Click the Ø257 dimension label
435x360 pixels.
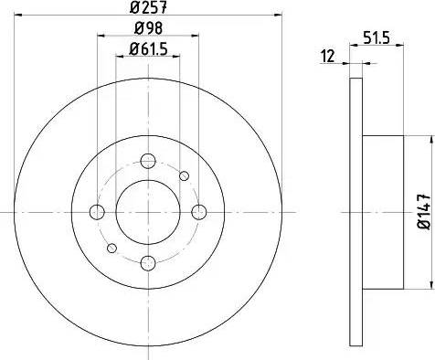click(148, 7)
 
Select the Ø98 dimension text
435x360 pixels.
click(148, 28)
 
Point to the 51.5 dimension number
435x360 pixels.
click(377, 38)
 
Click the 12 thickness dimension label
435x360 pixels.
click(328, 57)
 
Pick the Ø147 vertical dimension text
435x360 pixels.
click(425, 212)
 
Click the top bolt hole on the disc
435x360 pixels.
click(148, 161)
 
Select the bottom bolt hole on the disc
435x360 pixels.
click(148, 263)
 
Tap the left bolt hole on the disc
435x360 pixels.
click(97, 212)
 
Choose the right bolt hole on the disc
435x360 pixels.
click(199, 212)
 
